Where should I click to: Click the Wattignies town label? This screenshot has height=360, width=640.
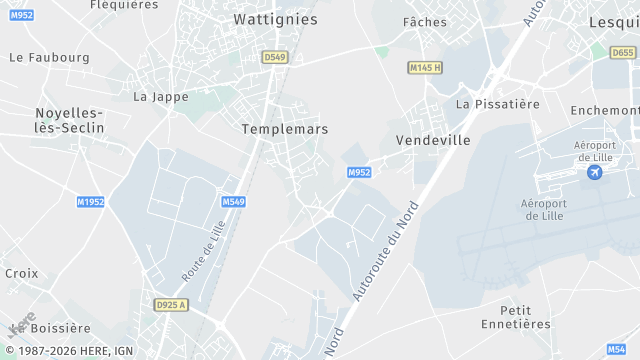click(275, 19)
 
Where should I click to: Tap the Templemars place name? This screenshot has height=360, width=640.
click(285, 129)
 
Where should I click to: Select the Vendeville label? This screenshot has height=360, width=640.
click(433, 140)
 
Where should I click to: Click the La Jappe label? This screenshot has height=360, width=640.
click(155, 97)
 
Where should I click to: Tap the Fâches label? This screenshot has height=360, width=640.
click(424, 22)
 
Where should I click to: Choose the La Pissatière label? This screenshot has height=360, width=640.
click(498, 104)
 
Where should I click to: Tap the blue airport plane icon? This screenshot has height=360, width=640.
click(595, 173)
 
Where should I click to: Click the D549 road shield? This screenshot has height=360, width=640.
click(275, 58)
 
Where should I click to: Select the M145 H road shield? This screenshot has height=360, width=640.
click(425, 68)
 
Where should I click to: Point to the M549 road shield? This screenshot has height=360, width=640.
click(233, 202)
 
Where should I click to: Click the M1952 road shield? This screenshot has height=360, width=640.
click(90, 202)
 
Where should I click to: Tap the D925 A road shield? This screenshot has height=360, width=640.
click(171, 304)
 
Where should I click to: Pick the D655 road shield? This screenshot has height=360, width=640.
click(625, 52)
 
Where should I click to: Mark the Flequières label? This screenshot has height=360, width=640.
click(124, 5)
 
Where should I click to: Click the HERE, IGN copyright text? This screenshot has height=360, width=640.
click(70, 351)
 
